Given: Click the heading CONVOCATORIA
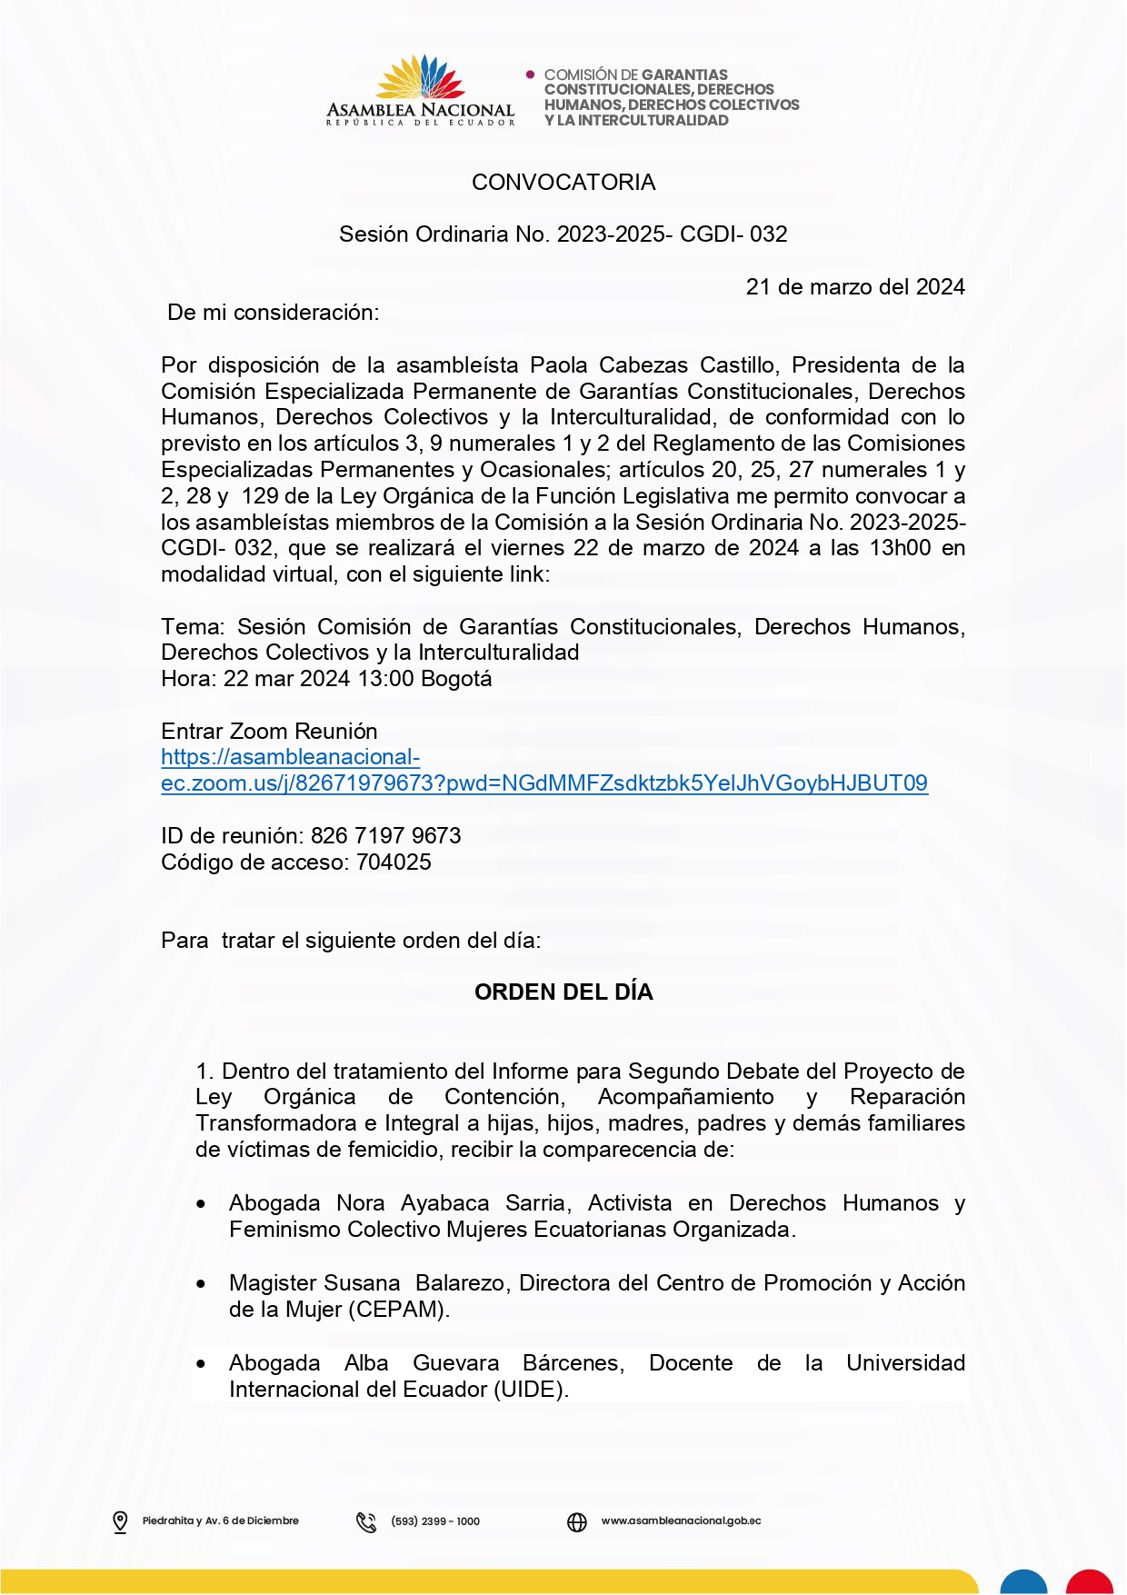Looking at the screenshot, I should [563, 183].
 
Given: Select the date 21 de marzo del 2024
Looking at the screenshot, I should [854, 287].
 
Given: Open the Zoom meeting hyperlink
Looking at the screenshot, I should [544, 783].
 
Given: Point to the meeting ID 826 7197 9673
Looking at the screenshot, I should [385, 836].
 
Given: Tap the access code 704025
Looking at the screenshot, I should [394, 862].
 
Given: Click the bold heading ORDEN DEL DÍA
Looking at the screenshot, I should [563, 992].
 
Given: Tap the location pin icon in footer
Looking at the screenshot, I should [120, 1521].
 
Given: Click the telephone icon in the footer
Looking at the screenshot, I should [366, 1521].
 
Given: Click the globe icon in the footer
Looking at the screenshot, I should [577, 1521].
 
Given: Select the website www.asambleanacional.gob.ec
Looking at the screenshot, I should [681, 1520].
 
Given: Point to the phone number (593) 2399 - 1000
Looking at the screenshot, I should [435, 1521].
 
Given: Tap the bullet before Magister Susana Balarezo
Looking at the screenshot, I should [201, 1284].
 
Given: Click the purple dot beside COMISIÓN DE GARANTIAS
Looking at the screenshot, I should [531, 75].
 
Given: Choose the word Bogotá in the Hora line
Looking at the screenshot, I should [456, 679].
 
